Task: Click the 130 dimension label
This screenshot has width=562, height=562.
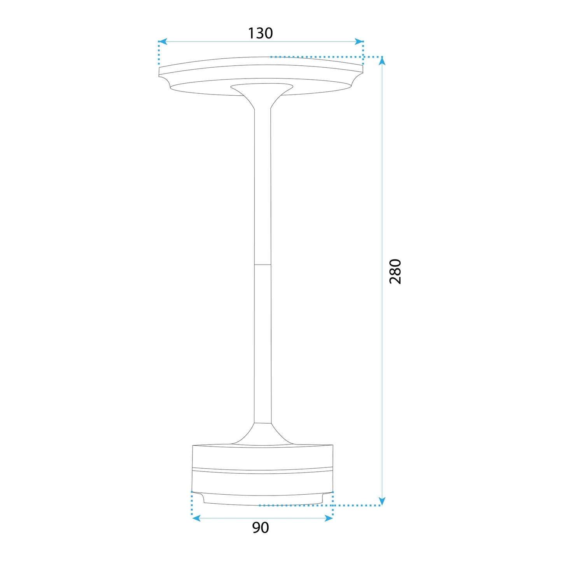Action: coord(260,33)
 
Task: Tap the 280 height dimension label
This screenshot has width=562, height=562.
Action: coord(395,271)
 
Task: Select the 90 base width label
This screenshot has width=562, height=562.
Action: coord(260,528)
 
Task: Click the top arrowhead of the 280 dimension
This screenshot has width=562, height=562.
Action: coord(382,61)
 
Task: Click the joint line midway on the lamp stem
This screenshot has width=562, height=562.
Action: coord(263,265)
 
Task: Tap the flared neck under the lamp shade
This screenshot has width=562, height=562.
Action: coord(262,95)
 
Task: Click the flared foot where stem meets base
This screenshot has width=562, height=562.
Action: coord(263,434)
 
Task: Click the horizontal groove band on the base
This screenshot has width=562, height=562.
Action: coord(263,471)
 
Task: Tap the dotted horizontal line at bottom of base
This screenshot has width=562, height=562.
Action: coord(319,505)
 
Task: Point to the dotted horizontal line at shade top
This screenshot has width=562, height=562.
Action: coord(327,57)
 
